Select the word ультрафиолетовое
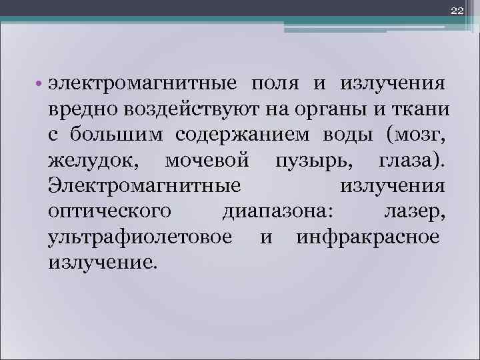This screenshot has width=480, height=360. (x=141, y=237)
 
